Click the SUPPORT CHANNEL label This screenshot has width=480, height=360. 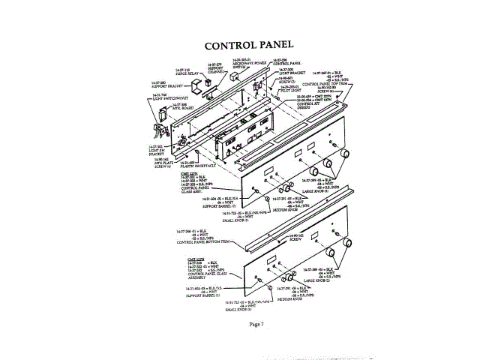(215, 69)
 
